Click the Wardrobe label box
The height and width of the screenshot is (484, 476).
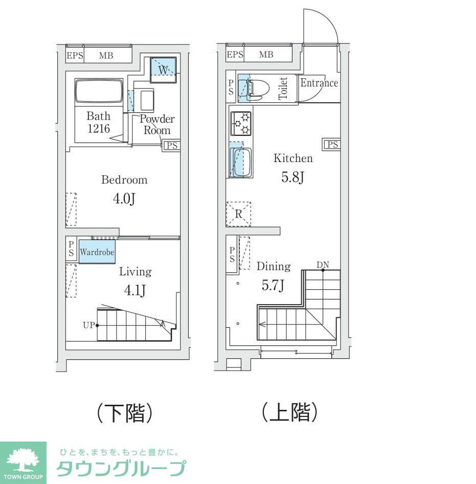click(97, 252)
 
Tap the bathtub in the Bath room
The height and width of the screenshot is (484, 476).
click(99, 93)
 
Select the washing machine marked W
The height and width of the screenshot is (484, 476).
click(163, 69)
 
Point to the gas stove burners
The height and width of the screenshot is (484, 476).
click(241, 123)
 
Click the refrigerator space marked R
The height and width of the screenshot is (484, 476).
click(239, 214)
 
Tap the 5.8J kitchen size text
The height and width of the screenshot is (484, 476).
click(293, 177)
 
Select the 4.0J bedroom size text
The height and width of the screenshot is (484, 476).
click(124, 198)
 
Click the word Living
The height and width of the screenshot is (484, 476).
click(135, 271)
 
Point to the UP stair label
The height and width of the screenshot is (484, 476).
click(89, 325)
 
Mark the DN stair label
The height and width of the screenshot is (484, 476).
click(323, 265)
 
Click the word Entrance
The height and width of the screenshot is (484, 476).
click(319, 83)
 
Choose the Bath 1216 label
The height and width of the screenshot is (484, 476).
click(98, 122)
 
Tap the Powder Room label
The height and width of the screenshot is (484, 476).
click(157, 125)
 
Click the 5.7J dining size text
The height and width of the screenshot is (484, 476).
click(273, 286)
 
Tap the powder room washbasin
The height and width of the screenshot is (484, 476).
click(147, 100)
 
